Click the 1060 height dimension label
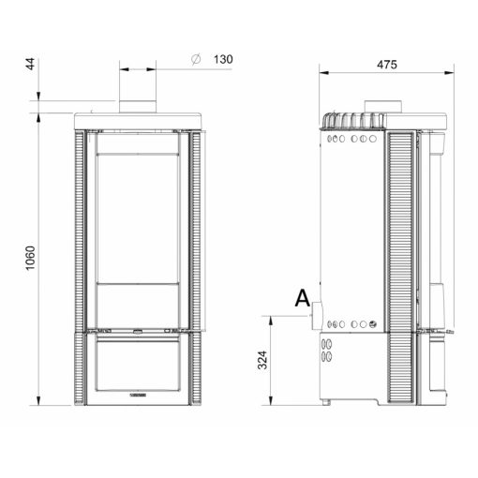[x=30, y=258]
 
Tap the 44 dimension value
[x=30, y=64]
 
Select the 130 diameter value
[x=223, y=59]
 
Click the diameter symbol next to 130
[x=196, y=59]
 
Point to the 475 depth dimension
[x=387, y=65]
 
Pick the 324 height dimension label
[x=262, y=360]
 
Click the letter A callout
[x=303, y=298]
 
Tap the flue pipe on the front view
[x=138, y=107]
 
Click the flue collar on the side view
[x=383, y=107]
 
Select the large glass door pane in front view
[x=138, y=218]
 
